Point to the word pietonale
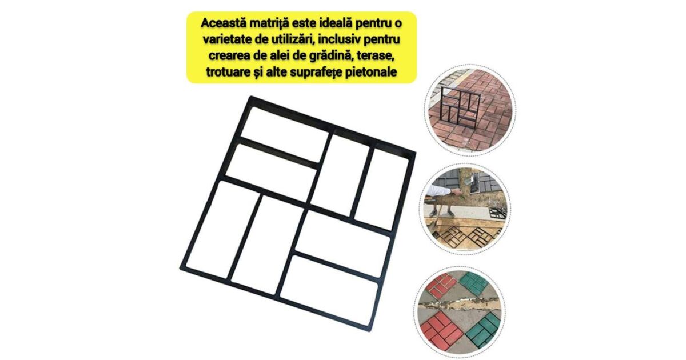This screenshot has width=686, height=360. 372,72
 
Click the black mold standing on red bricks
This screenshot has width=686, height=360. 460,107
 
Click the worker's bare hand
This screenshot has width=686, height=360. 456,192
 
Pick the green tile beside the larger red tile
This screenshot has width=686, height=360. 484,330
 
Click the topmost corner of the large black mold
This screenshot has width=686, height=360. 250,97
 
